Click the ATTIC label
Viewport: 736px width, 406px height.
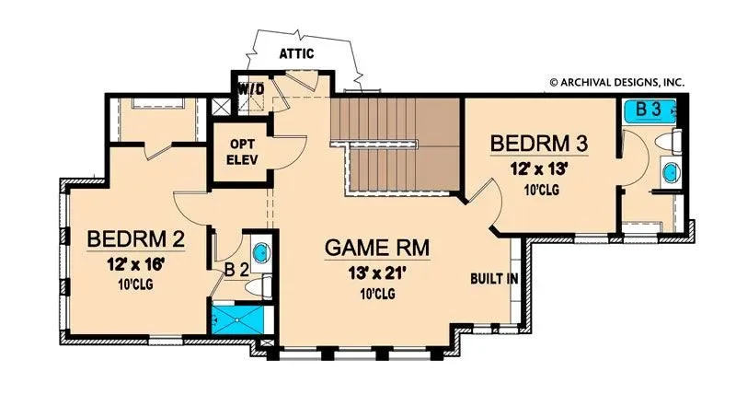296,53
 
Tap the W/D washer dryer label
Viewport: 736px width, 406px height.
252,88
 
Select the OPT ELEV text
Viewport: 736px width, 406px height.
242,152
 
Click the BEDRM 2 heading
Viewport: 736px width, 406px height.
135,238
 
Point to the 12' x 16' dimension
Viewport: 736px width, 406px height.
135,265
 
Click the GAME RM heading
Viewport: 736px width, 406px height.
377,248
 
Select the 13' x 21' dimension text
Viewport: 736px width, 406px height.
377,273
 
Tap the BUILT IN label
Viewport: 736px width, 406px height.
494,279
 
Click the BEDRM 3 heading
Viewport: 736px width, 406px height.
539,144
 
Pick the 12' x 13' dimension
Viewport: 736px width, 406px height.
539,168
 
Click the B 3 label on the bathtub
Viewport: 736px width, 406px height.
649,110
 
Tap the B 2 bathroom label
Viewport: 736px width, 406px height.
236,270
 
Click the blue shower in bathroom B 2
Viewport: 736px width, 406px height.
237,320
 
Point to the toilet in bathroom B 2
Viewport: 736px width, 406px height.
259,286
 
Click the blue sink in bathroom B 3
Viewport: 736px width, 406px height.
672,172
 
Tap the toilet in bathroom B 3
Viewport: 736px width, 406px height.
669,142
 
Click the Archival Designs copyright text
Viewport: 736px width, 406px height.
616,83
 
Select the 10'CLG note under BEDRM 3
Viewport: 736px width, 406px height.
541,190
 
